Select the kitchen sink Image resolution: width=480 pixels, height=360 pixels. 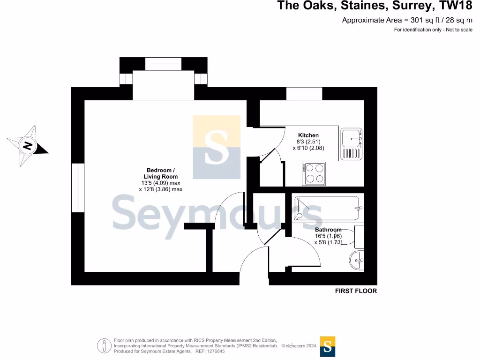352,143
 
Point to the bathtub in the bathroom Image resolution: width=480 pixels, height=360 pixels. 327,209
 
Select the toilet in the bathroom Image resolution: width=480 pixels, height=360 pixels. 358,237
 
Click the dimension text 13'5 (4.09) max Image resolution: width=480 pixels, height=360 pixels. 161,183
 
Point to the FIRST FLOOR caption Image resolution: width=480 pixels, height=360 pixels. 356,291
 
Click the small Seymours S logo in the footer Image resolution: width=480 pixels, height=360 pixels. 327,347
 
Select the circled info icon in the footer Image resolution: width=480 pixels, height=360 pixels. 103,345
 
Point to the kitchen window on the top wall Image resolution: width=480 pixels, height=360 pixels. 304,94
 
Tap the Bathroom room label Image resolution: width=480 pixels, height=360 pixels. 328,230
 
